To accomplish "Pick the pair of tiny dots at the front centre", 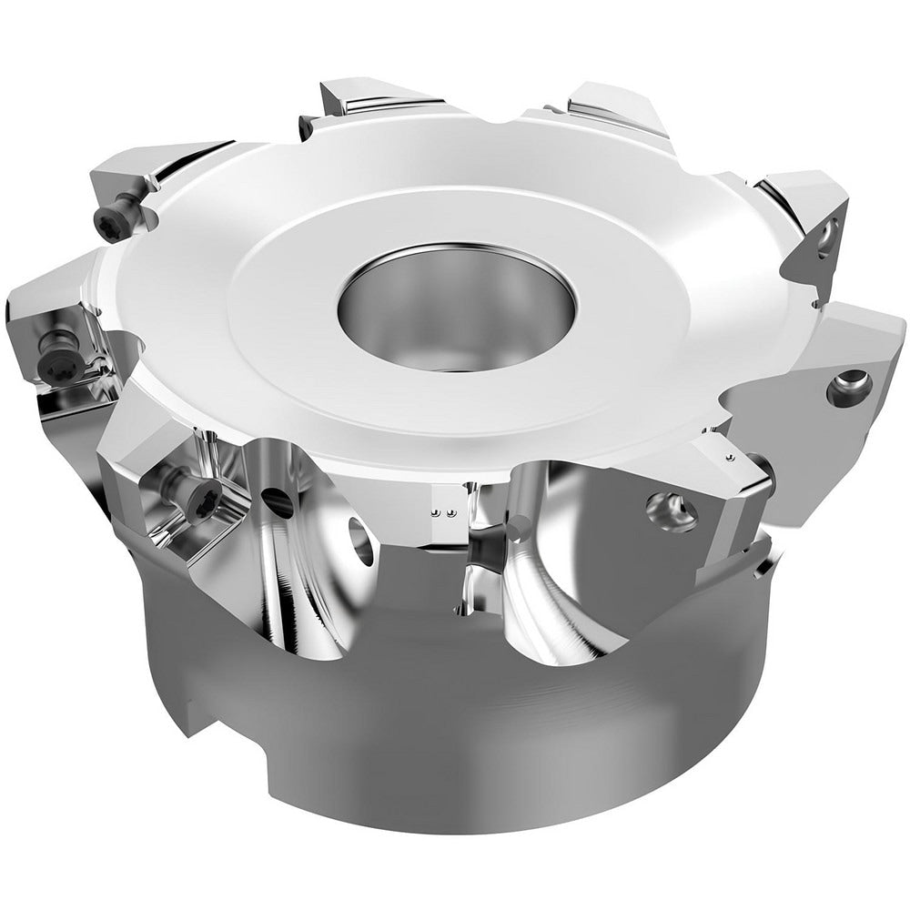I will [440, 513].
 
